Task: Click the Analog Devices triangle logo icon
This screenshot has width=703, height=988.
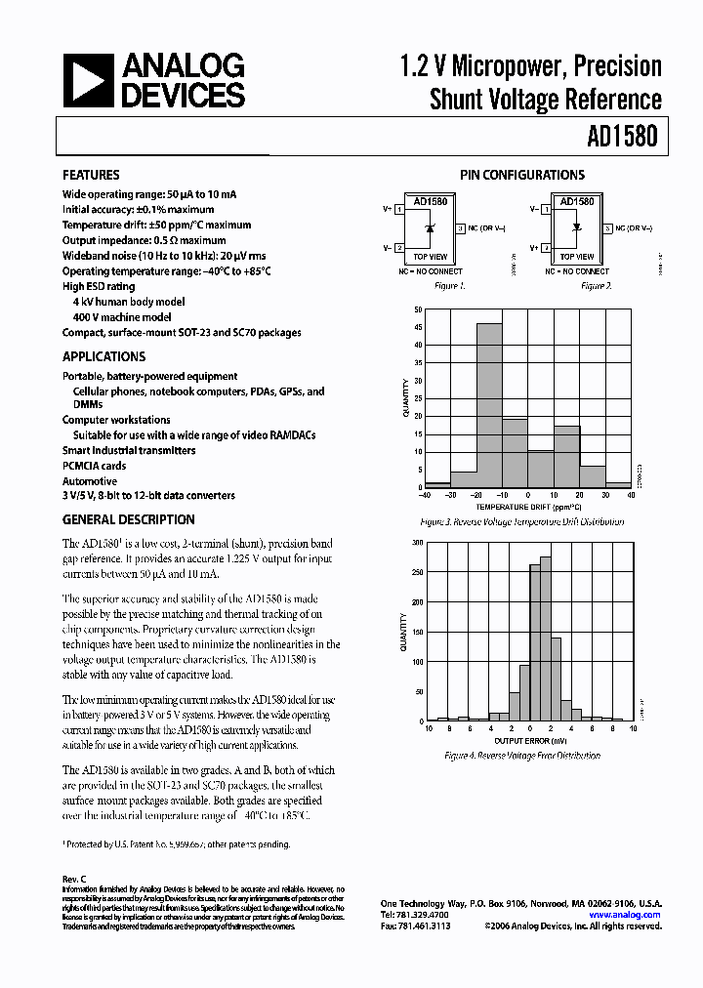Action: coord(87,80)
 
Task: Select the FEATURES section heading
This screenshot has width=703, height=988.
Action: coord(91,175)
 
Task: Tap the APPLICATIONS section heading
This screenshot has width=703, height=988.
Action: coord(103,356)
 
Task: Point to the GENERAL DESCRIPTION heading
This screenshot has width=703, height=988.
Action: coord(129,519)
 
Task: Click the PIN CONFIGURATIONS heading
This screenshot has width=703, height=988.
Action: coord(521,175)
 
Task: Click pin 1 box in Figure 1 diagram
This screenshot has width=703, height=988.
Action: coord(398,209)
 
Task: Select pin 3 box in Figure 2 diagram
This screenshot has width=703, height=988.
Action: coord(607,228)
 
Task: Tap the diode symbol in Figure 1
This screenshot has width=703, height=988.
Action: coord(431,228)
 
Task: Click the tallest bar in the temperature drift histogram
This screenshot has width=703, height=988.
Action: coord(488,404)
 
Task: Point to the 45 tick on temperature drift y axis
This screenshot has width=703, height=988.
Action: coord(418,344)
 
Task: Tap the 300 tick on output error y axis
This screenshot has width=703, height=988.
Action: coord(417,541)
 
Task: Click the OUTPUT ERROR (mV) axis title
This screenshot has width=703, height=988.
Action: coord(528,740)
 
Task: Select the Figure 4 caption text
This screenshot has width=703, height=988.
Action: coord(521,756)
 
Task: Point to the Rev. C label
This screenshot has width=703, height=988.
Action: coord(74,879)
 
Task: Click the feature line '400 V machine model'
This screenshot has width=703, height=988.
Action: coord(122,317)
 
